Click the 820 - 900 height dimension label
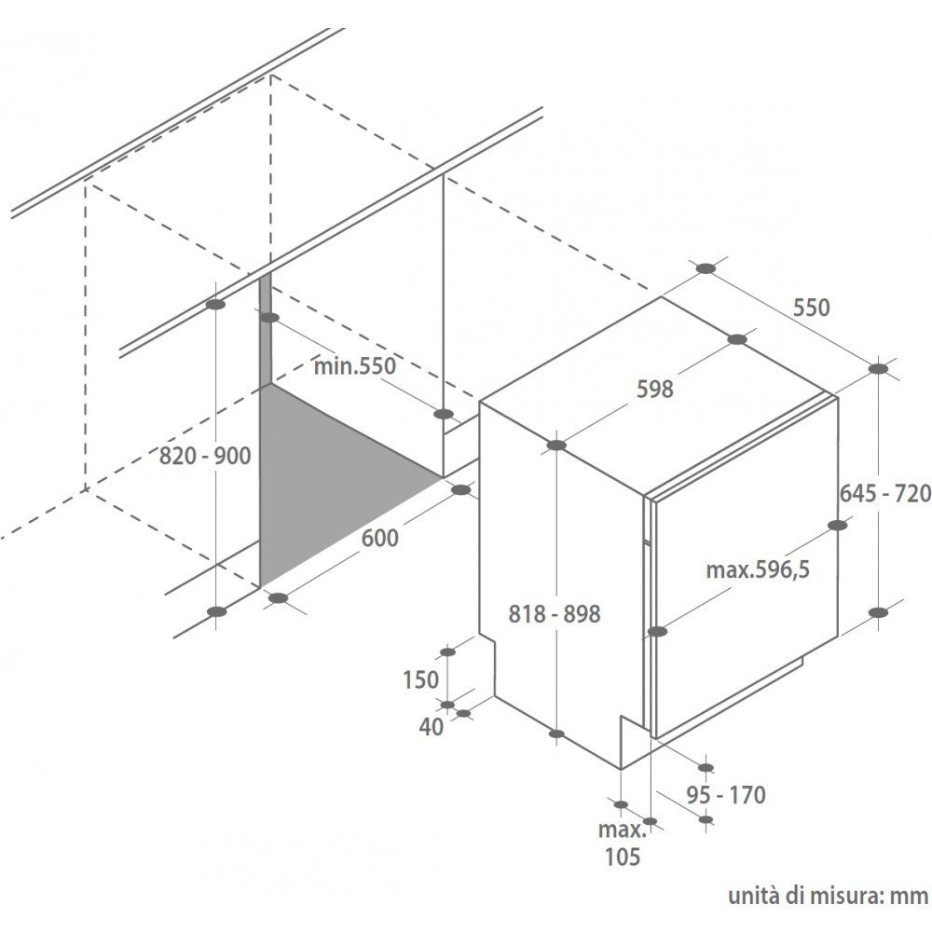205,456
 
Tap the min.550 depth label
354,366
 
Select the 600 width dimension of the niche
380,538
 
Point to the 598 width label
655,390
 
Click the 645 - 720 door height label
885,493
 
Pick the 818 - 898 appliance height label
555,614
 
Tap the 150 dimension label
421,679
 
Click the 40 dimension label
432,726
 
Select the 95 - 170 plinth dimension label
726,795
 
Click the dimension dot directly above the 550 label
706,268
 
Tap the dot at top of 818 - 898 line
556,445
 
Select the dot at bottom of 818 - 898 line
556,734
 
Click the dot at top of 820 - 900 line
216,305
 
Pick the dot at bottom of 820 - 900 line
217,611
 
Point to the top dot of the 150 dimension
447,652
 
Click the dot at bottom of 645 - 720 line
878,612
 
